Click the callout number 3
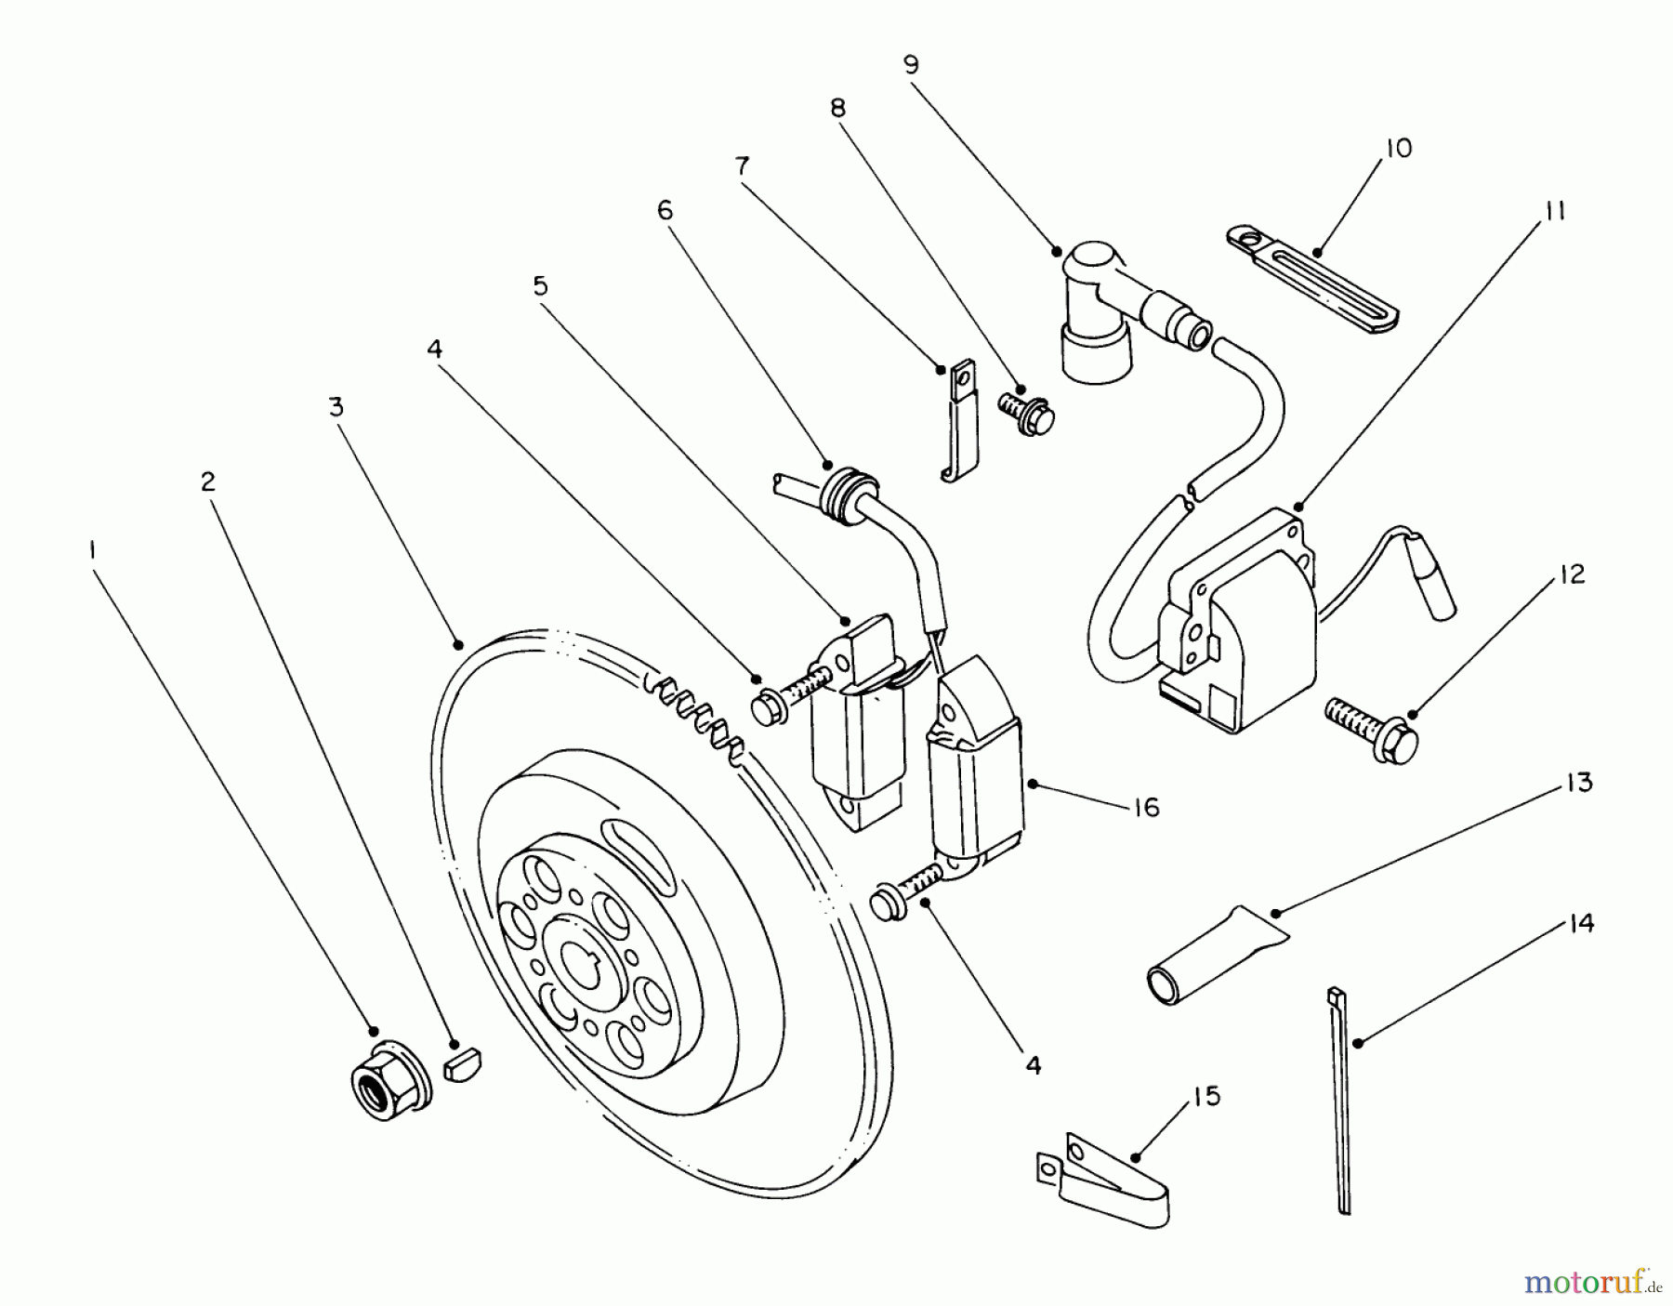point(336,407)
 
